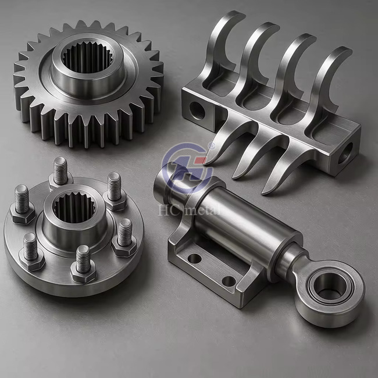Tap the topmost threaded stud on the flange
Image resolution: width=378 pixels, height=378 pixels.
(60, 170)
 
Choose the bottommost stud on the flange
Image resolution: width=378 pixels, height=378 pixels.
(83, 259)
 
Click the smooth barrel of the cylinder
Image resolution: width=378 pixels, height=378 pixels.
(244, 218)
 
